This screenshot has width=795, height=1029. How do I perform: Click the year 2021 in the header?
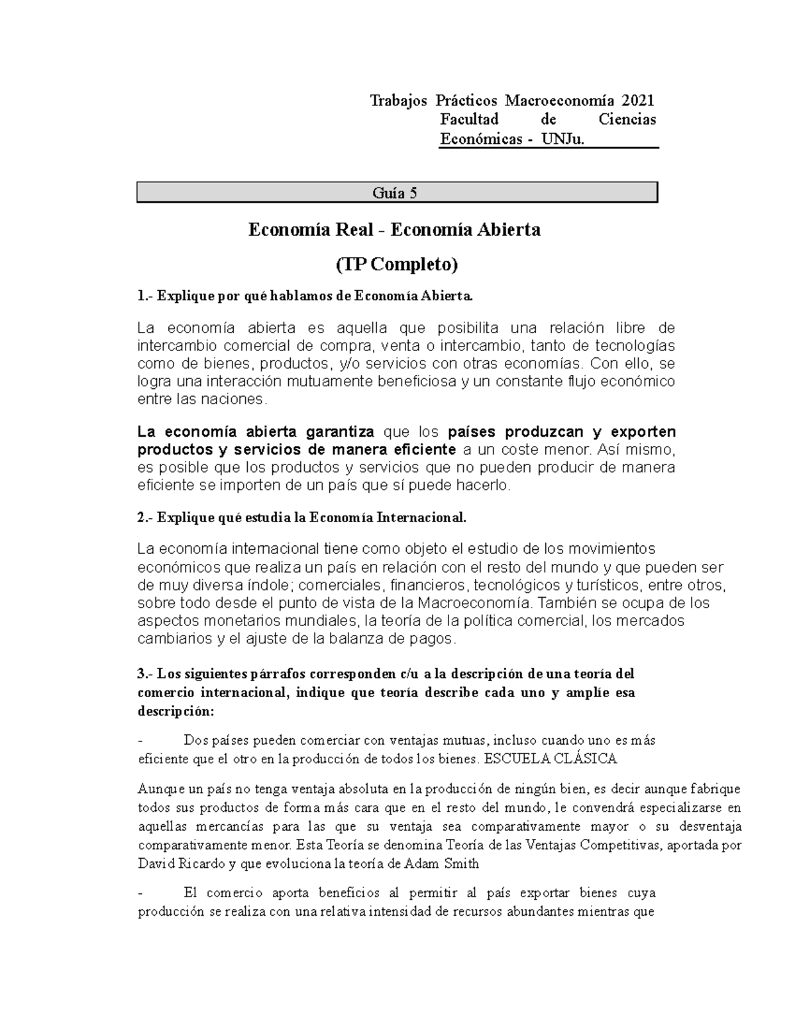pos(637,101)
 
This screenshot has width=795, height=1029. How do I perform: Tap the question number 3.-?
pos(146,674)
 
